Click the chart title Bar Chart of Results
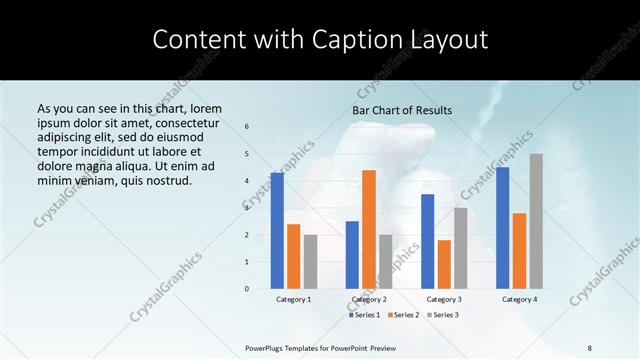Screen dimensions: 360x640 402,110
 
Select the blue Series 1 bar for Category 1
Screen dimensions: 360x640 277,230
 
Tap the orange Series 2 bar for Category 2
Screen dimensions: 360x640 369,229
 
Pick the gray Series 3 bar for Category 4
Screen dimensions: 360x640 536,221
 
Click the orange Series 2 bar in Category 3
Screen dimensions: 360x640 444,264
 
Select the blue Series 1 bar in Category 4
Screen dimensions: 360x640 502,227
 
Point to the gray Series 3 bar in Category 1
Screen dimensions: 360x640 310,261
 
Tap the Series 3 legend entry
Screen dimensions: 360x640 445,315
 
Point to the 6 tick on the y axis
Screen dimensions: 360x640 247,126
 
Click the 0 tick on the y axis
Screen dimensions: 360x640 247,288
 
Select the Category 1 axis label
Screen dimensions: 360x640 294,299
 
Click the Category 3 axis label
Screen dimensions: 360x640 444,299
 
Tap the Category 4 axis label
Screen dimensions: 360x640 519,299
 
